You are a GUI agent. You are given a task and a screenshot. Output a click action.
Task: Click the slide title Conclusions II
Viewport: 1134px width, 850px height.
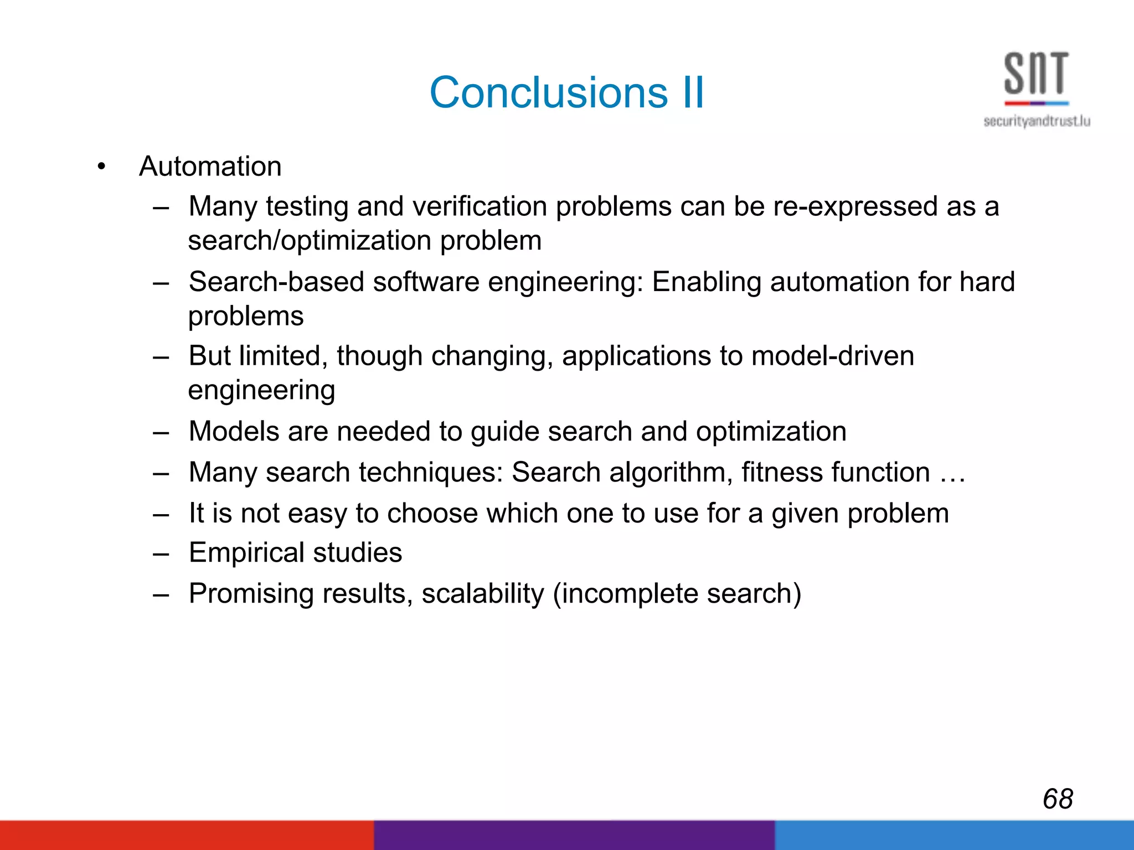[x=566, y=92]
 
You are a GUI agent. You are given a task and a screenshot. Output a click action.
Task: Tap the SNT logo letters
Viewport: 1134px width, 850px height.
[x=1036, y=74]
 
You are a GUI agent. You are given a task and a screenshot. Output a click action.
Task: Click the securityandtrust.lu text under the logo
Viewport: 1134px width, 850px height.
[x=1037, y=121]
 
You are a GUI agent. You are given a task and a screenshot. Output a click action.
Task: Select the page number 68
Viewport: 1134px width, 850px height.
[x=1058, y=799]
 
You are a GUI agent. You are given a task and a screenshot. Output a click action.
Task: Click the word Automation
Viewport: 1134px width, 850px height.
[x=210, y=166]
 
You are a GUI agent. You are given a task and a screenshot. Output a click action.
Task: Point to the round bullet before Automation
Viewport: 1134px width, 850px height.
[x=101, y=166]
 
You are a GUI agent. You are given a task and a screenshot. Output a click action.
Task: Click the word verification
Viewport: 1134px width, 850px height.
[x=480, y=206]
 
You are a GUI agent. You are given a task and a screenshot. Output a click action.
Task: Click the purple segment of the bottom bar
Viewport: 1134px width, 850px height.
[x=574, y=836]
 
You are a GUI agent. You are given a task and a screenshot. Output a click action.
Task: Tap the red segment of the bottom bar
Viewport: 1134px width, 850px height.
[x=187, y=836]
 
